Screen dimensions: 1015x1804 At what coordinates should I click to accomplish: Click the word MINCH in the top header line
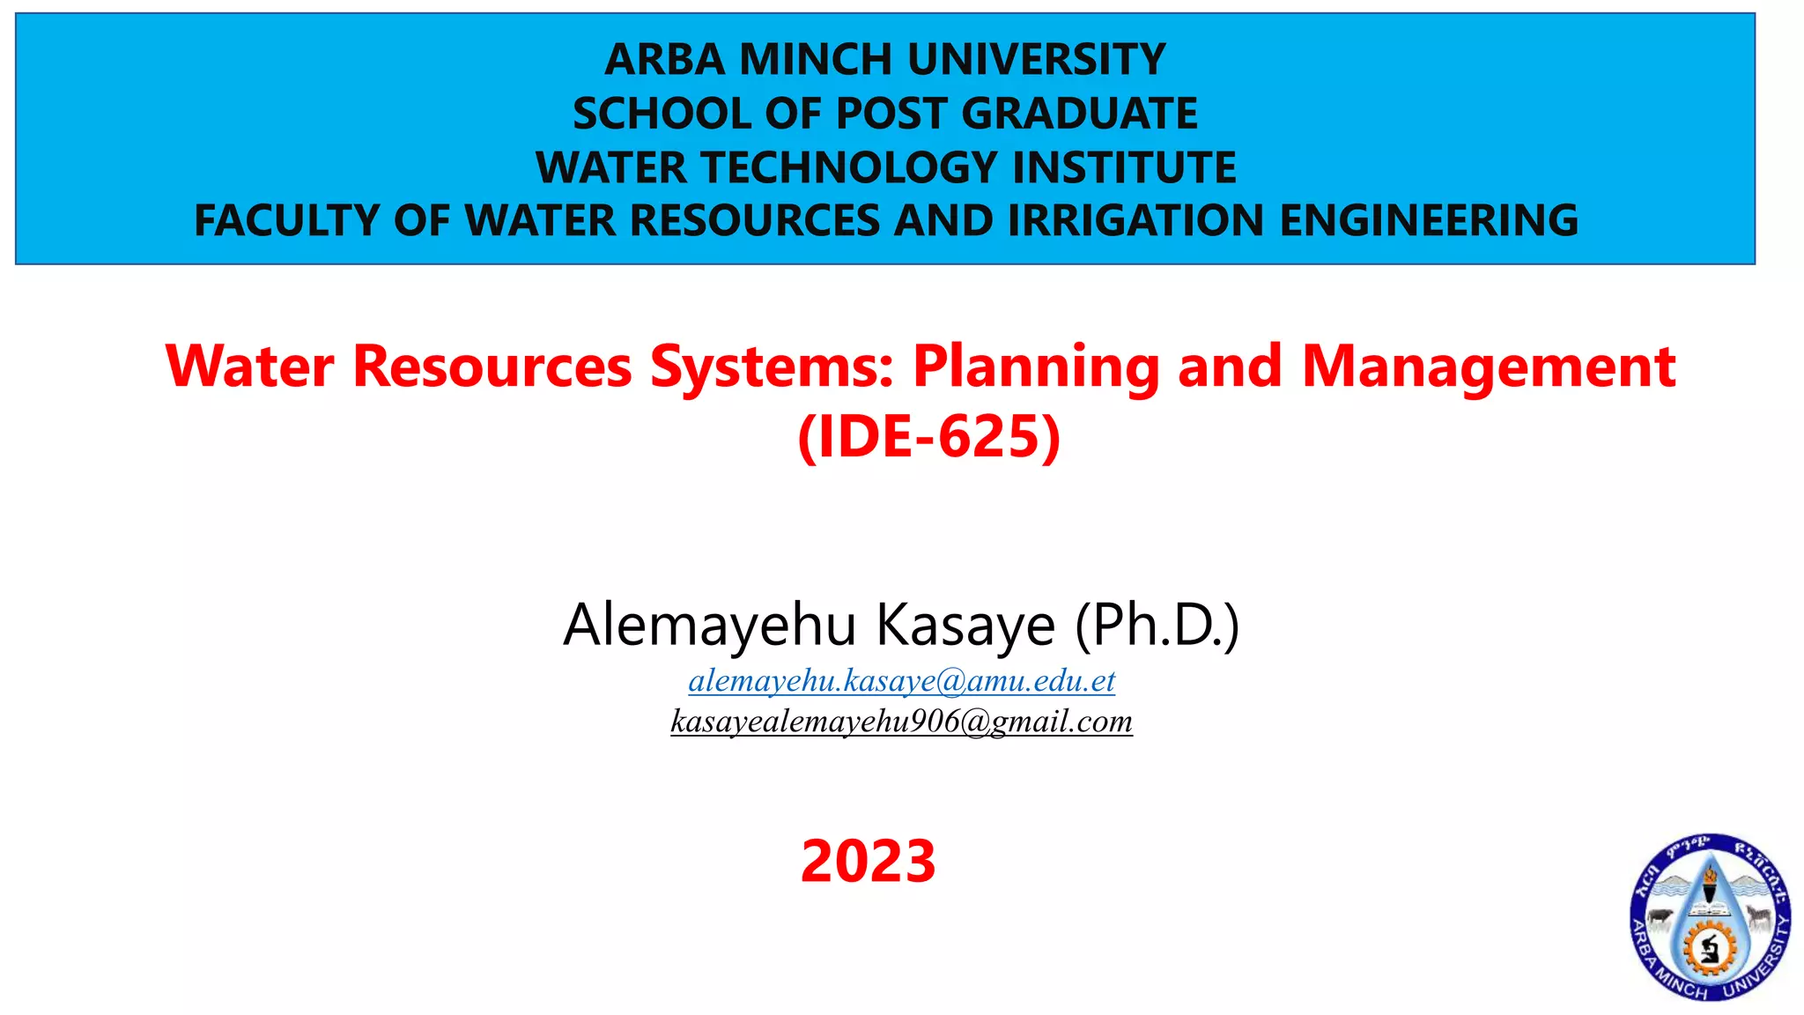point(815,60)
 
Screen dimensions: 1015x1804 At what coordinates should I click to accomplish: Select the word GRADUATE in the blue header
point(1079,114)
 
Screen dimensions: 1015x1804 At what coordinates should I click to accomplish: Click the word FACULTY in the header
point(286,220)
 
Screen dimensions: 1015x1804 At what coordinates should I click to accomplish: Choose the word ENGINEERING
point(1428,220)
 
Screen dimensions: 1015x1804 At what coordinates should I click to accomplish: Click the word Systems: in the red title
point(772,366)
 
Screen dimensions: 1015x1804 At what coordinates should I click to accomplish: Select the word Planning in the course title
point(1035,366)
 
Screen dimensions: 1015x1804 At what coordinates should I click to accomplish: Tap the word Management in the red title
point(1488,366)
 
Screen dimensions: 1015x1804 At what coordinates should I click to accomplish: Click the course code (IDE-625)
point(928,436)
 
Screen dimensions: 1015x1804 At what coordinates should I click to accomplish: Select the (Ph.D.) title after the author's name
point(1157,625)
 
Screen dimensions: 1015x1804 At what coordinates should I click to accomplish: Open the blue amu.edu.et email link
point(901,680)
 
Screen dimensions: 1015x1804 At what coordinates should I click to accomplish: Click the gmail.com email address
point(901,722)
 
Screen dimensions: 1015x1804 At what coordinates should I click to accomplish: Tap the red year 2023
point(868,861)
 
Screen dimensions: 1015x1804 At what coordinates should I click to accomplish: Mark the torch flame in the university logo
point(1710,876)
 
